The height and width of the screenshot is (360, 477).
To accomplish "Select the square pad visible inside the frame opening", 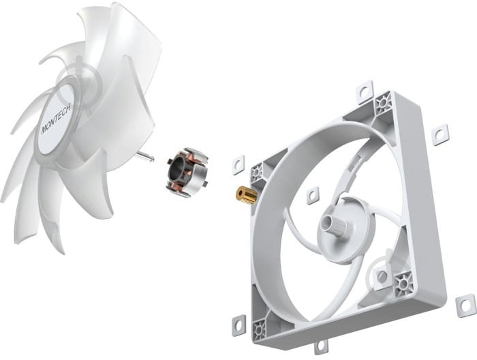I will pos(313,196).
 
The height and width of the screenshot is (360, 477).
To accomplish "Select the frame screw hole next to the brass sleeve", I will pos(258,172).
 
